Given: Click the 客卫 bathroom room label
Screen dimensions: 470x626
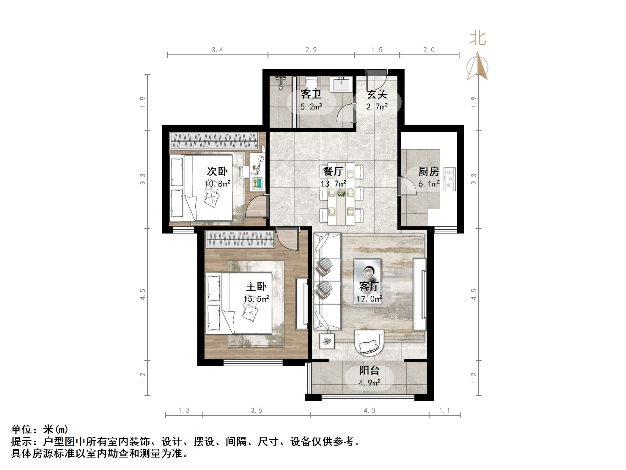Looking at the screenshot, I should pyautogui.click(x=311, y=95).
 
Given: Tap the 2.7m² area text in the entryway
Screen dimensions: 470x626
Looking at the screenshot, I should pyautogui.click(x=377, y=106).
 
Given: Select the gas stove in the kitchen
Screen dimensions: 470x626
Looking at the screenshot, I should pyautogui.click(x=449, y=179).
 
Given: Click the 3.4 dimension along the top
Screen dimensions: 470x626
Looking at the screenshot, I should pyautogui.click(x=217, y=50).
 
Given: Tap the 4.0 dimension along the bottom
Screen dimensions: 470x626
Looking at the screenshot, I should pyautogui.click(x=369, y=411).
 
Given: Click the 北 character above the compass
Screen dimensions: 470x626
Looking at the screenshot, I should pyautogui.click(x=478, y=39).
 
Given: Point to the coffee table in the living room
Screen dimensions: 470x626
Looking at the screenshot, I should pyautogui.click(x=368, y=281).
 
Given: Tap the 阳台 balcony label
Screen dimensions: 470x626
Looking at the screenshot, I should pyautogui.click(x=369, y=370).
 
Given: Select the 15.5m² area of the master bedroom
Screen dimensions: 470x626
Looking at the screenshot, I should pyautogui.click(x=256, y=298).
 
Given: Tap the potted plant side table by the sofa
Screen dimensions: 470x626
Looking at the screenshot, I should pyautogui.click(x=327, y=341).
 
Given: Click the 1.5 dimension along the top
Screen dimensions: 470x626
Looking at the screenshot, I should pyautogui.click(x=377, y=50).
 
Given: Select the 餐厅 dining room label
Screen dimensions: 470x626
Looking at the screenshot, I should pyautogui.click(x=333, y=171).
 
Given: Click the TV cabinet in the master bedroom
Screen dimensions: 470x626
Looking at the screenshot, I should pyautogui.click(x=302, y=303).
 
